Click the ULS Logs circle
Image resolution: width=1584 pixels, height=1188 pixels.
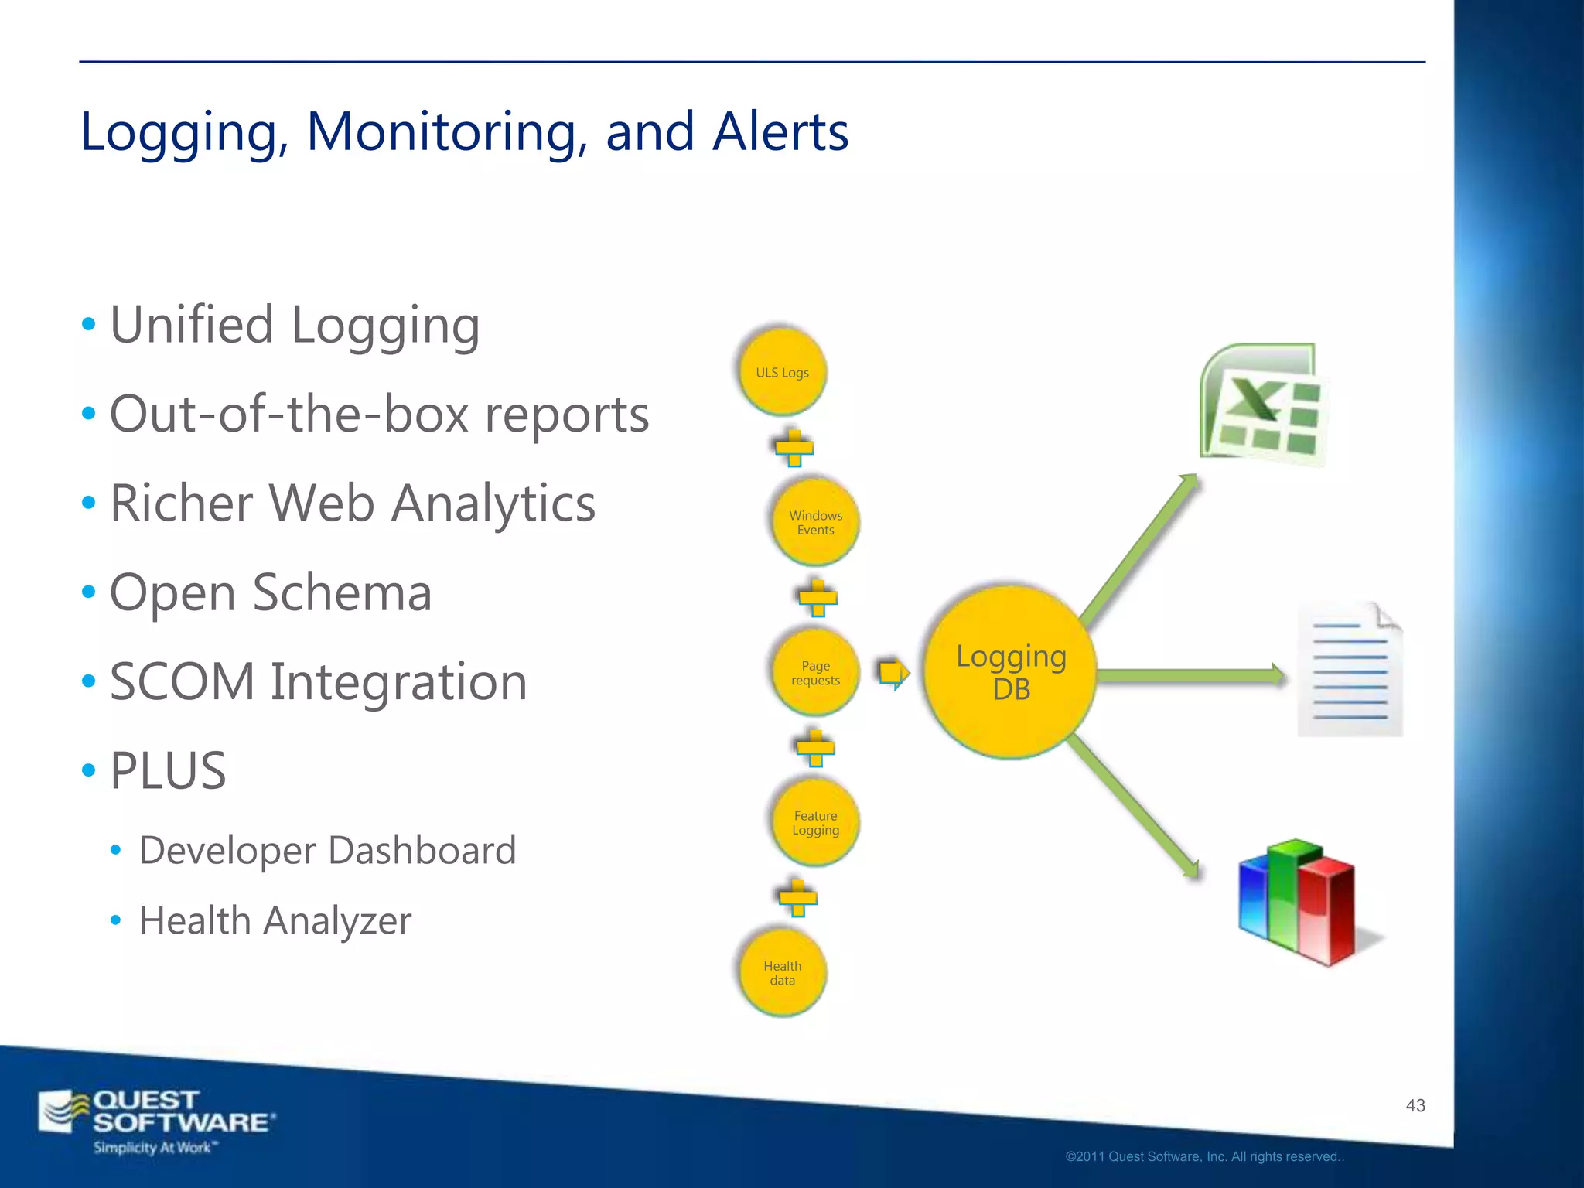tap(782, 372)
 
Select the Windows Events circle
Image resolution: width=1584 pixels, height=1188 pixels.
tap(815, 522)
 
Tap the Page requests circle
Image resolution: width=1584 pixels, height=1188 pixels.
tap(815, 672)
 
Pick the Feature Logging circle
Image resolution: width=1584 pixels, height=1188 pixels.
tap(815, 822)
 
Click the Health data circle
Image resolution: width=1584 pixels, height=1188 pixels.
tap(782, 972)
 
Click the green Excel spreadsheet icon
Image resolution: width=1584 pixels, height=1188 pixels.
tap(1264, 404)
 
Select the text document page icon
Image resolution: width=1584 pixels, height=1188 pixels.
tap(1350, 670)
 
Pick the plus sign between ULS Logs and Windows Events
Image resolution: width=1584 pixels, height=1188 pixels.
tap(794, 447)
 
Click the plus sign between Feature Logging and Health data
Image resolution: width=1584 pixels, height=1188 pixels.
tap(797, 898)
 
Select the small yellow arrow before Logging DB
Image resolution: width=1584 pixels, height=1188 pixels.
tap(893, 673)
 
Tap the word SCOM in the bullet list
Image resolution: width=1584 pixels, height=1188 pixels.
tap(182, 682)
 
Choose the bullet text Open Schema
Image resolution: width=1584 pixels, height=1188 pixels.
tap(271, 593)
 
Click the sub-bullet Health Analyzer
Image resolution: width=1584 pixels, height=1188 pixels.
tap(275, 920)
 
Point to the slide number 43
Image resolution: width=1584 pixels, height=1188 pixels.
tap(1415, 1105)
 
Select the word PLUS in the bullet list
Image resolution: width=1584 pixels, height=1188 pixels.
tap(168, 771)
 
